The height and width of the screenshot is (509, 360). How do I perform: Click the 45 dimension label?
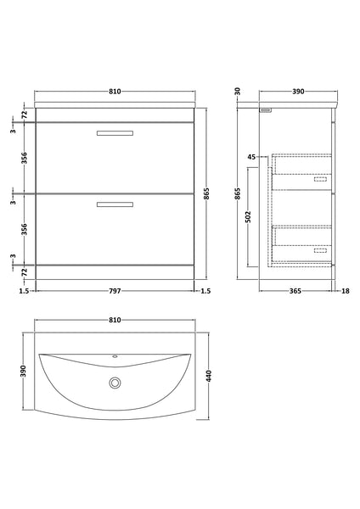[x=251, y=157]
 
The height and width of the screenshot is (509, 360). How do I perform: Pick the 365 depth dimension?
[x=296, y=290]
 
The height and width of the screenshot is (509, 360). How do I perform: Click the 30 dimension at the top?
[x=237, y=91]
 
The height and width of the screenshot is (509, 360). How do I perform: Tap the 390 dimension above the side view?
[x=298, y=91]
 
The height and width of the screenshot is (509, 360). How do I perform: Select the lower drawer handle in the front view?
[x=115, y=204]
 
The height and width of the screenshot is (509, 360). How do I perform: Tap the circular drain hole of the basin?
[x=115, y=383]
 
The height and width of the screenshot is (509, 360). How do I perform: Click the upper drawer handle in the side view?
[x=320, y=179]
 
